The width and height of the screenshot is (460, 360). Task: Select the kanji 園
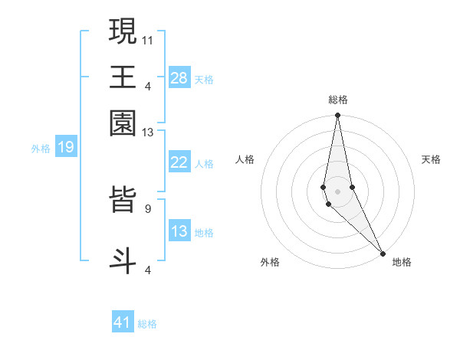[123, 123]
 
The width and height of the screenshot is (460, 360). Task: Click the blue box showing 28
[179, 78]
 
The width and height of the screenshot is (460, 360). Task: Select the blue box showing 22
[179, 162]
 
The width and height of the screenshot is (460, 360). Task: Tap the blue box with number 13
[179, 231]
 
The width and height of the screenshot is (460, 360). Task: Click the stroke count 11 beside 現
[148, 38]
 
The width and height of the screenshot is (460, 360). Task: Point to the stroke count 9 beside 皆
[148, 208]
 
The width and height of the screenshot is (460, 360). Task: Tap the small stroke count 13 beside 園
[148, 132]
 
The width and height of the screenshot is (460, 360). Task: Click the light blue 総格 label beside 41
[147, 324]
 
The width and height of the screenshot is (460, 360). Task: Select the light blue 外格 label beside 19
[41, 149]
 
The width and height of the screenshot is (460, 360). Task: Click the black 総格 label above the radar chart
[338, 100]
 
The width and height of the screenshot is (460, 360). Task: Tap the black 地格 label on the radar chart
[402, 262]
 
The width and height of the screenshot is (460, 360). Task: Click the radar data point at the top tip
[337, 116]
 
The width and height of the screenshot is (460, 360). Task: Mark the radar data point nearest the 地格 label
[383, 252]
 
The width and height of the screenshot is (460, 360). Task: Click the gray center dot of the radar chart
[337, 191]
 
